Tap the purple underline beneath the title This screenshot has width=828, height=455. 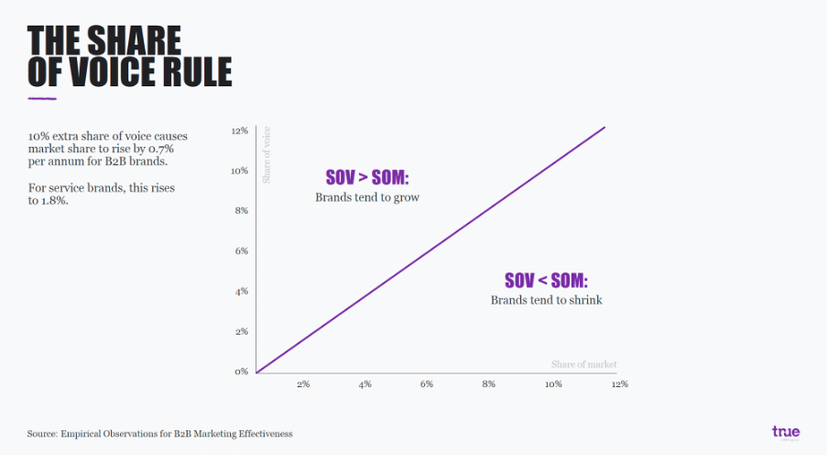point(41,98)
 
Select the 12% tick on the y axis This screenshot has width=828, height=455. point(239,131)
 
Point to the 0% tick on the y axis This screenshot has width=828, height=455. point(241,372)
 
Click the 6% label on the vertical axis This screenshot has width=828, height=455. point(241,250)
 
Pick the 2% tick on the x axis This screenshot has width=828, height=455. point(303,384)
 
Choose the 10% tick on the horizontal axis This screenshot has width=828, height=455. point(553,384)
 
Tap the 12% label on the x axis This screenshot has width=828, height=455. point(619,384)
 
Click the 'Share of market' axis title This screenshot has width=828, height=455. point(583,364)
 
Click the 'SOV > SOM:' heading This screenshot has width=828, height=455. point(367,177)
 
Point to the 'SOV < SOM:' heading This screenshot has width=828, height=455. point(546,280)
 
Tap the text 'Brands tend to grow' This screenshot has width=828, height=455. point(367,197)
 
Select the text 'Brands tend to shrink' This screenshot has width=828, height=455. point(546,300)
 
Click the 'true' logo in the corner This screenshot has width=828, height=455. point(786,430)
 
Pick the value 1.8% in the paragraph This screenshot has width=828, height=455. point(54,201)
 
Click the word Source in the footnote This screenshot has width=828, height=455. point(43,433)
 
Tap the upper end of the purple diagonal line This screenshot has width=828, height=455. point(605,127)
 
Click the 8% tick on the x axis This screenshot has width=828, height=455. point(488,384)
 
